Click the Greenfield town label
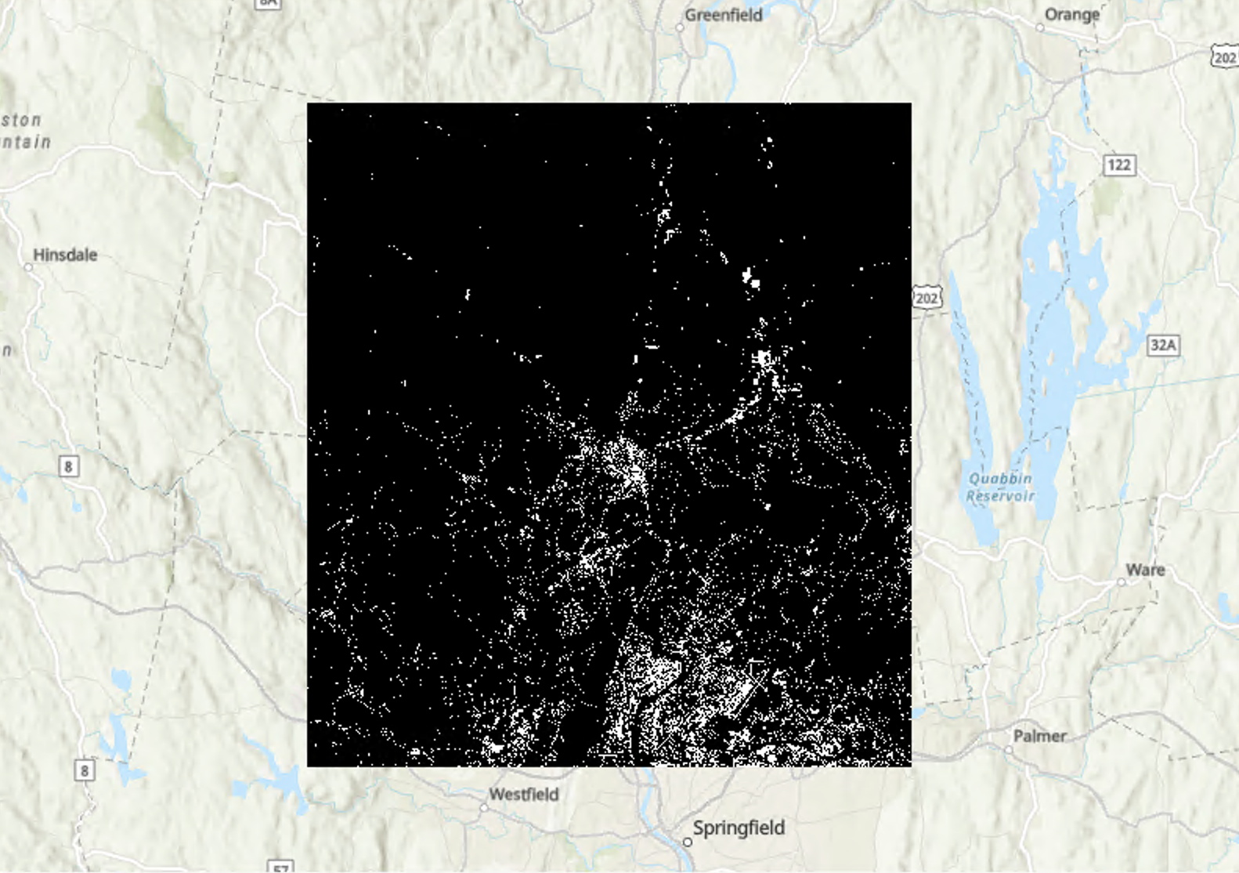tap(723, 15)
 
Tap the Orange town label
tap(1071, 15)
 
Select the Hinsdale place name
tap(65, 255)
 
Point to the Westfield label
tap(523, 794)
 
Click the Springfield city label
tap(738, 828)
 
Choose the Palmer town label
tap(1039, 736)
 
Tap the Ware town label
tap(1145, 570)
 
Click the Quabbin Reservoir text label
tap(1000, 487)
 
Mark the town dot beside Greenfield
tap(680, 27)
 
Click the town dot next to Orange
tap(1040, 27)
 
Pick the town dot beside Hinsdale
tap(28, 267)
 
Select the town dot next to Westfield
tap(484, 807)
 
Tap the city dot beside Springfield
tap(687, 842)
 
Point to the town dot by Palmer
tap(1009, 750)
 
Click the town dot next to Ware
tap(1122, 581)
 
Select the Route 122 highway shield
tap(1118, 165)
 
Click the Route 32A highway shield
tap(1163, 345)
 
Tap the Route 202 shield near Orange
tap(1224, 57)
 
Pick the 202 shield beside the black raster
tap(927, 298)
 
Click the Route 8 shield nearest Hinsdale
tap(68, 466)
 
